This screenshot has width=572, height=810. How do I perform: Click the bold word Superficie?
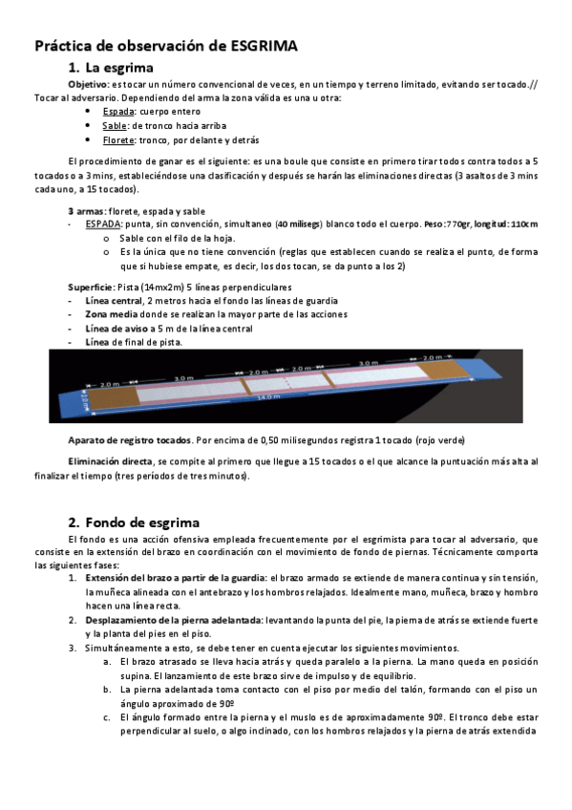coord(91,287)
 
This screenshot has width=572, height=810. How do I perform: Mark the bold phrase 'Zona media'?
coord(109,313)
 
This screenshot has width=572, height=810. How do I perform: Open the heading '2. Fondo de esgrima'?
coord(134,522)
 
